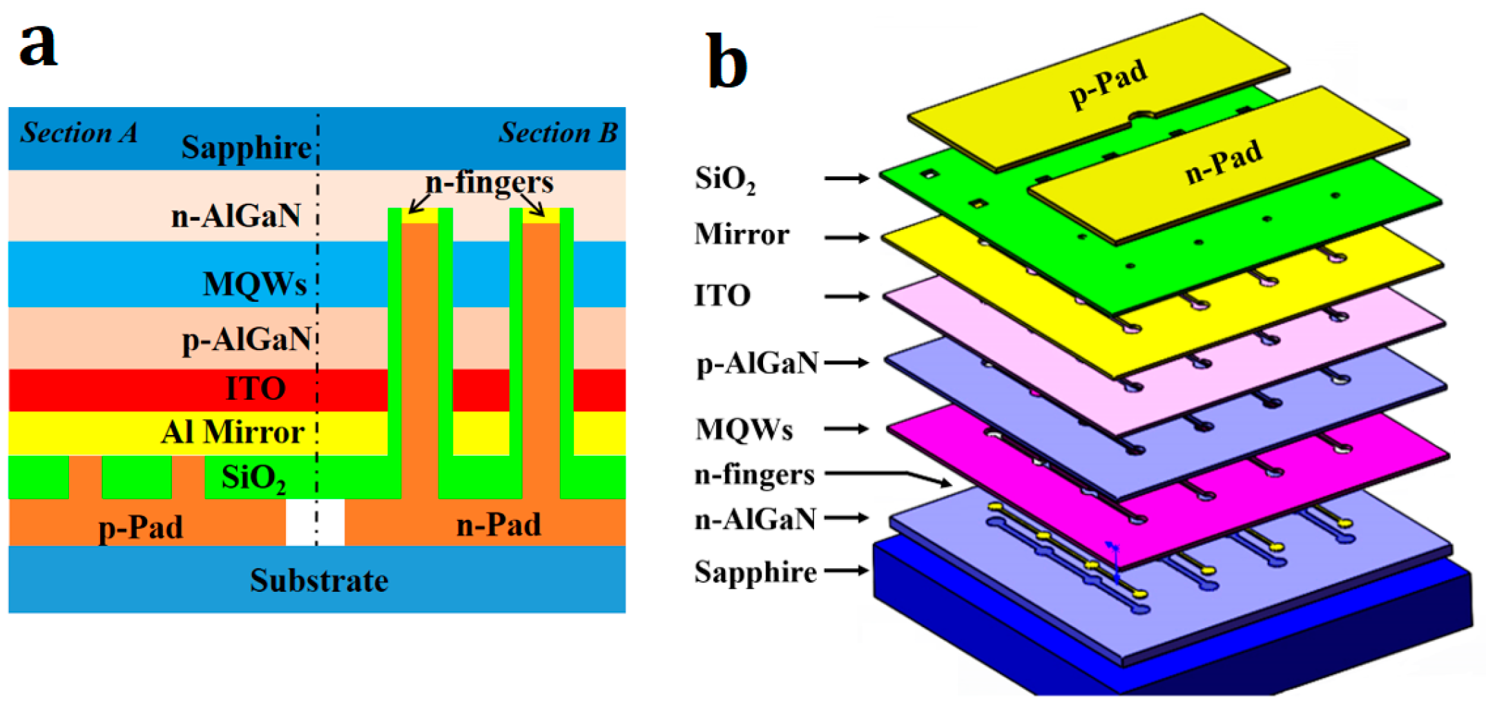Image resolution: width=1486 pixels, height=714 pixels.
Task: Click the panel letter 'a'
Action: pyautogui.click(x=38, y=45)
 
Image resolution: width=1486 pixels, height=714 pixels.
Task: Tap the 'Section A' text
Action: pyautogui.click(x=79, y=133)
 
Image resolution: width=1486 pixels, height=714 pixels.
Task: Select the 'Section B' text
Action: pyautogui.click(x=558, y=133)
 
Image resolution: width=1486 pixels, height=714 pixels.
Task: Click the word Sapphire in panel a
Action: pyautogui.click(x=246, y=148)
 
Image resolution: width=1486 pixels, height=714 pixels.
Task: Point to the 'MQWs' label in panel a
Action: pyautogui.click(x=254, y=284)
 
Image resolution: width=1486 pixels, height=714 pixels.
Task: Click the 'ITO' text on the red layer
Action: pyautogui.click(x=255, y=389)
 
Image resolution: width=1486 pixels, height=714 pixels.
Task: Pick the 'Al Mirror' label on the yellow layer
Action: pyautogui.click(x=233, y=433)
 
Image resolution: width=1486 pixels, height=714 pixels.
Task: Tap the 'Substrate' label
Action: pyautogui.click(x=318, y=581)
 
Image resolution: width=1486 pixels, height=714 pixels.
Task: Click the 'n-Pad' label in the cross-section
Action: pyautogui.click(x=499, y=525)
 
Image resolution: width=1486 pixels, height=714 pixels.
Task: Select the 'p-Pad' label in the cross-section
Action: pyautogui.click(x=141, y=528)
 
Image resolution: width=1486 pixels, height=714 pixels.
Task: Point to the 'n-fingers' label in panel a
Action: pyautogui.click(x=489, y=182)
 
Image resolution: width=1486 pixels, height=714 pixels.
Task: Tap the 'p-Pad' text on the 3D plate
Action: pyautogui.click(x=1108, y=84)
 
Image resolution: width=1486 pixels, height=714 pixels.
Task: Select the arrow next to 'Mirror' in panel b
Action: pyautogui.click(x=847, y=238)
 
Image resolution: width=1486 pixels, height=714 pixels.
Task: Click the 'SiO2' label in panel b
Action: pyautogui.click(x=724, y=180)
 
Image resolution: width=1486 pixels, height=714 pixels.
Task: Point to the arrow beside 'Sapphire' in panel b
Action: pyautogui.click(x=847, y=570)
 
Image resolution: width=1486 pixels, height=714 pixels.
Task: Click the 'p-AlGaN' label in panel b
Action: pyautogui.click(x=757, y=363)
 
